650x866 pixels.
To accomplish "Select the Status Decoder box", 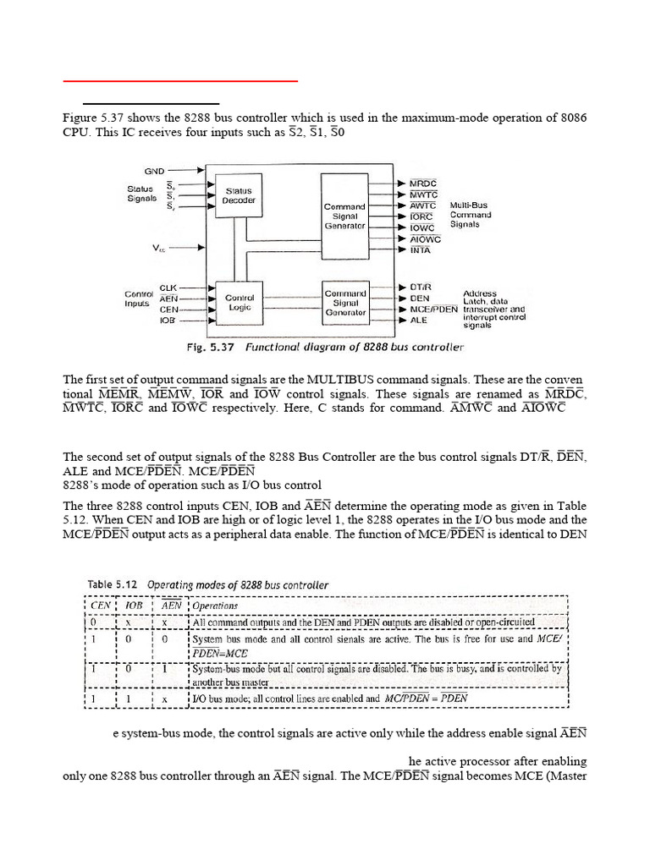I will point(238,196).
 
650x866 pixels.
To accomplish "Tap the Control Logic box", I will point(238,303).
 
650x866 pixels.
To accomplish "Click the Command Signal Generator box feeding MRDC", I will point(345,215).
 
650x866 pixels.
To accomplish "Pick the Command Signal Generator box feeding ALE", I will point(345,304).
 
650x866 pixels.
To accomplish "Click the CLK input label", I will point(168,288).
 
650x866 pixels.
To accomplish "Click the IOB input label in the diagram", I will point(168,321).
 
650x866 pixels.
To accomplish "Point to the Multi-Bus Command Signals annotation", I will point(470,215).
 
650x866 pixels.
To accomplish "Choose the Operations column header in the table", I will point(215,606).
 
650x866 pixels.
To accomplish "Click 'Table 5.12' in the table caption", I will point(114,584).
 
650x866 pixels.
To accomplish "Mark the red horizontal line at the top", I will point(181,81).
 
